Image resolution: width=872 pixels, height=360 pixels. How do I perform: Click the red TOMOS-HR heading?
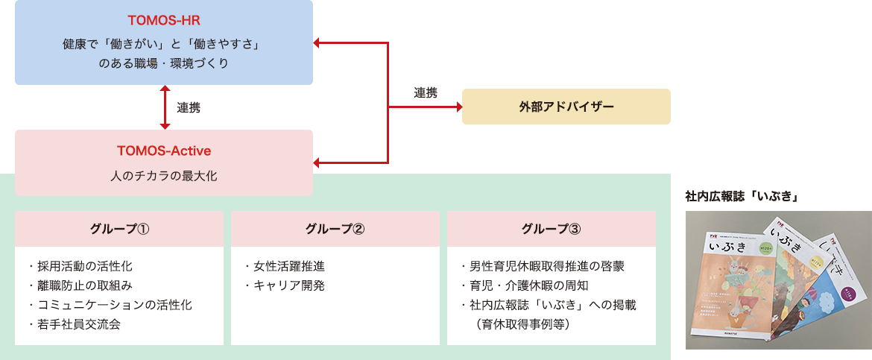(x=163, y=19)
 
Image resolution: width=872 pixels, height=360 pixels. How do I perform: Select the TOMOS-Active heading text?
(x=164, y=151)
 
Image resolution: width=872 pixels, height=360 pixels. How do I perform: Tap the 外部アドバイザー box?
(x=566, y=107)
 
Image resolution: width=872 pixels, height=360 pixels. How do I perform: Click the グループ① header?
(x=119, y=229)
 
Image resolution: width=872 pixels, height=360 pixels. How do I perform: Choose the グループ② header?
(x=335, y=229)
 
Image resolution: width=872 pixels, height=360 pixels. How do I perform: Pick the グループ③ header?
(x=552, y=229)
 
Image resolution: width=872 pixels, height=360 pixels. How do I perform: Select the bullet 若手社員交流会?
(x=75, y=324)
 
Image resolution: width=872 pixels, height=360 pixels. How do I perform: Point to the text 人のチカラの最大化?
(x=164, y=177)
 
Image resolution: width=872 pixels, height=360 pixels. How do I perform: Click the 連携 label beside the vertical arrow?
(x=189, y=107)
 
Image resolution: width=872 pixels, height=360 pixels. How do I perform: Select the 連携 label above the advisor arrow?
(x=426, y=93)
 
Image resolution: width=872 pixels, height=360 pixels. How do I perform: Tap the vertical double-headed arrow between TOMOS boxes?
(x=165, y=107)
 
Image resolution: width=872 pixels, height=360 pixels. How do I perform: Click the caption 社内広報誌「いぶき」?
(x=742, y=197)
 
